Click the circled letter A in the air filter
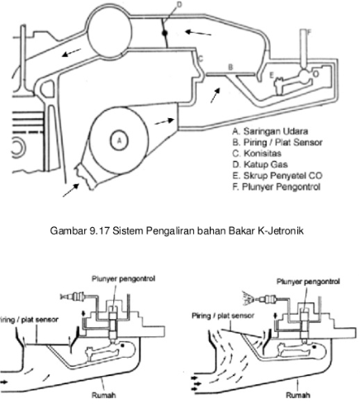(x=119, y=140)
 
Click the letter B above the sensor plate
(x=230, y=67)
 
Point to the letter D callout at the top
(x=179, y=4)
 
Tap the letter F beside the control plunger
(x=309, y=32)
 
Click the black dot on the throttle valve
(x=164, y=33)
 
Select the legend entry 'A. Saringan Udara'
(x=270, y=131)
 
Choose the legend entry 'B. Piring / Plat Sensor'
(x=277, y=142)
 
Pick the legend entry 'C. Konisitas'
(x=257, y=154)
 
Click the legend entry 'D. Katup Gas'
(x=260, y=164)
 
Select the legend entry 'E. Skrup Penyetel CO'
(x=277, y=176)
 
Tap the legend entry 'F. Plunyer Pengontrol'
(x=277, y=187)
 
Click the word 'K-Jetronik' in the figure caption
(x=281, y=231)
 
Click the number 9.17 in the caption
(x=100, y=231)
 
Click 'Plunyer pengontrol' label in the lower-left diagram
(x=123, y=278)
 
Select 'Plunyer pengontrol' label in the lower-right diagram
(x=308, y=282)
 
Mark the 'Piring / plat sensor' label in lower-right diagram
(x=223, y=316)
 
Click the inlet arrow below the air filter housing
(x=71, y=190)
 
